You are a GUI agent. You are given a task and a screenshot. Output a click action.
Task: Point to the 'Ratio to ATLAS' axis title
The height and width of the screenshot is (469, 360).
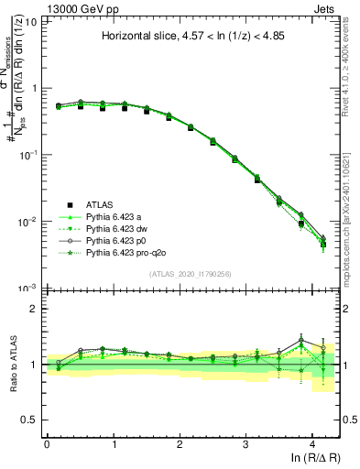click(x=12, y=365)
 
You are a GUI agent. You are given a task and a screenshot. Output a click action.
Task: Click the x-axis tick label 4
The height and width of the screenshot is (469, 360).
click(x=312, y=442)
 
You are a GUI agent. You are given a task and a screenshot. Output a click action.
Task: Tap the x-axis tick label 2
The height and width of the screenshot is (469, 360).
click(x=180, y=442)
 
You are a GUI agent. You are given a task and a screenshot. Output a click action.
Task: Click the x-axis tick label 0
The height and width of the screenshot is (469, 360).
click(x=47, y=442)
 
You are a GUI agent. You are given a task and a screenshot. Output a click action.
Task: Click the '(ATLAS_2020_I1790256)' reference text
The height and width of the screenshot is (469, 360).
click(x=191, y=273)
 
